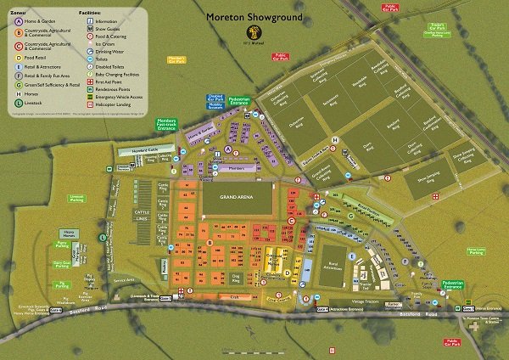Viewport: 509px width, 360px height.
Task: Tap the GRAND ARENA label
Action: tap(237, 197)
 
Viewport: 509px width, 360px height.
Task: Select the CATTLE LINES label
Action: tap(143, 213)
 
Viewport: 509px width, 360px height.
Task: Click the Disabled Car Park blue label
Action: tap(192, 98)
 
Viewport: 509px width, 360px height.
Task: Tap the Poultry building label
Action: tap(164, 265)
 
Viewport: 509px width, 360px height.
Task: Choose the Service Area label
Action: tap(125, 280)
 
